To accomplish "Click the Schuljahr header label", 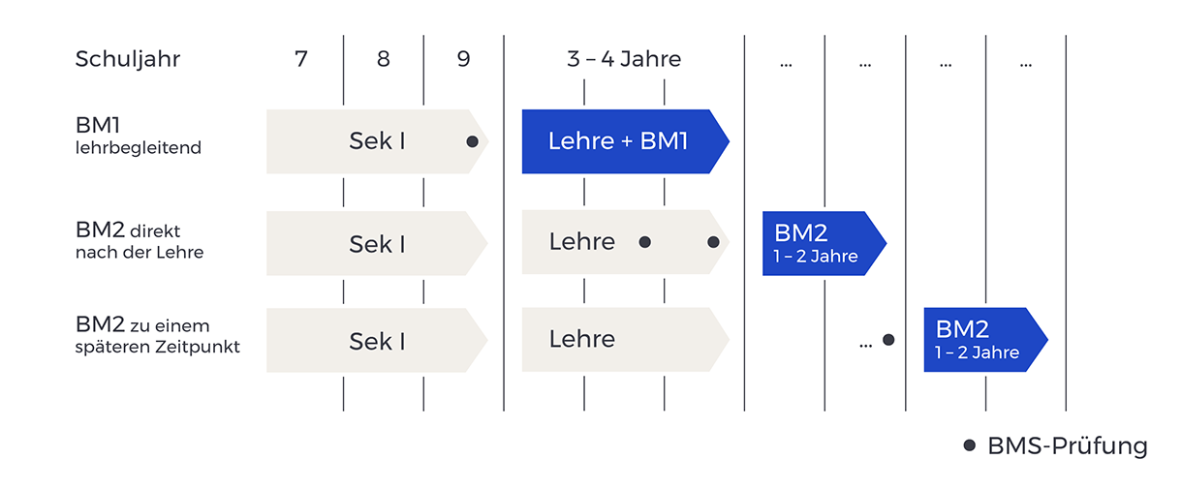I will [x=128, y=59].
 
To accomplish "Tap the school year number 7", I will [x=301, y=59].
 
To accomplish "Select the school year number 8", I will [x=384, y=59].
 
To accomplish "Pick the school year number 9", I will [x=463, y=59].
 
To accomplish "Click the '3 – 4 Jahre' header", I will [x=624, y=59].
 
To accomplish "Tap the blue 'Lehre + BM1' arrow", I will [x=620, y=141].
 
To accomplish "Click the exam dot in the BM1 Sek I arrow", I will [x=472, y=141].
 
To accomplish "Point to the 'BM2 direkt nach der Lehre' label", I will [x=140, y=241].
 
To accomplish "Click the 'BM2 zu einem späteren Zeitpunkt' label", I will [x=156, y=335].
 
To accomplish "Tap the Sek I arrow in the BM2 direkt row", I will [x=376, y=243].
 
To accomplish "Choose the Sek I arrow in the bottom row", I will [x=376, y=340].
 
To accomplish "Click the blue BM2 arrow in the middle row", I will [x=819, y=243].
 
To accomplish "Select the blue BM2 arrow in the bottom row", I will [x=980, y=339].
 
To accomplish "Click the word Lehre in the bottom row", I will [x=582, y=339].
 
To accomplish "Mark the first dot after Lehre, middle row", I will [x=644, y=242].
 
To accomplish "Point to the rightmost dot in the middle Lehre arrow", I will [x=713, y=242].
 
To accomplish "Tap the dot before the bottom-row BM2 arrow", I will [x=888, y=340].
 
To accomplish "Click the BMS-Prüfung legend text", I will [x=1067, y=446].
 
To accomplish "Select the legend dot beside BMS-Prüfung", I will [x=969, y=445].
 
